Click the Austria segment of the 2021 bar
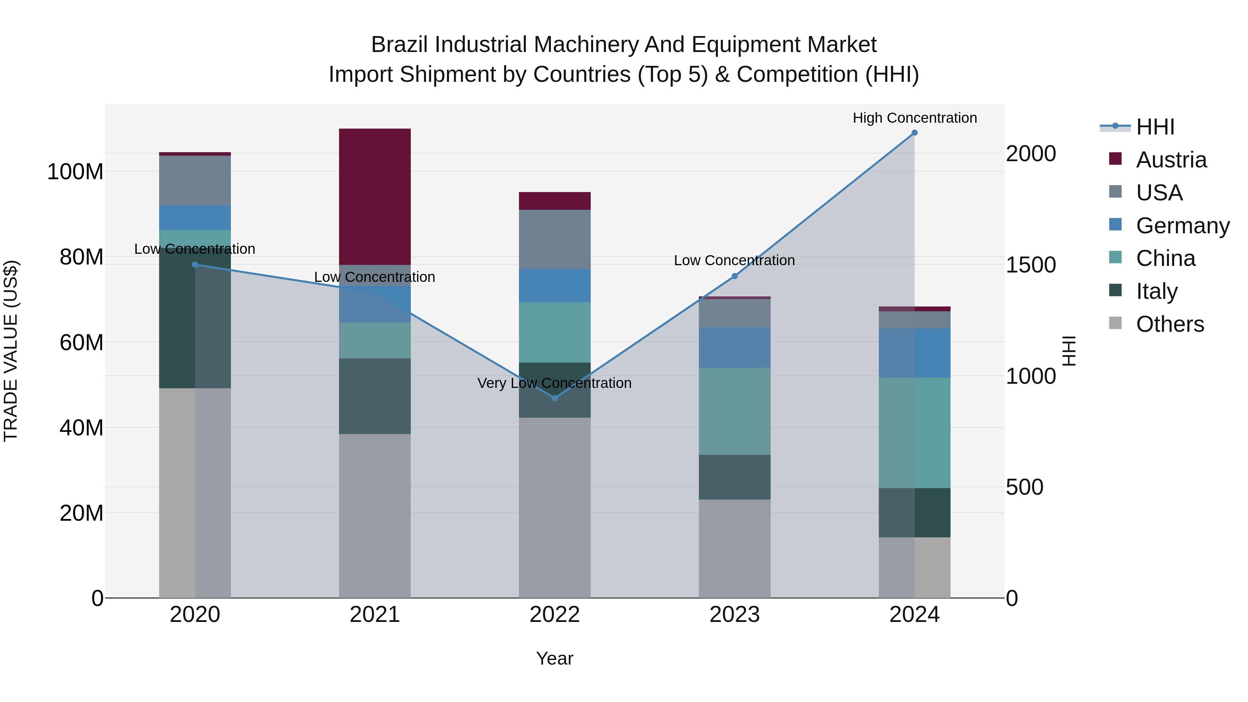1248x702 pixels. (x=374, y=196)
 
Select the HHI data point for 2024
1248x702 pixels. (x=914, y=133)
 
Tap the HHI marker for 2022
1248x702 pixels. (x=555, y=398)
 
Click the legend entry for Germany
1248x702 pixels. (x=1182, y=226)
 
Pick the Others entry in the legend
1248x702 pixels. (x=1170, y=324)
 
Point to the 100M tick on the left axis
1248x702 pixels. (x=75, y=172)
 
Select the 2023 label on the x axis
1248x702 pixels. (x=735, y=615)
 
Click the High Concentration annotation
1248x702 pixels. (x=914, y=118)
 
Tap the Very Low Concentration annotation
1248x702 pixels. (x=554, y=383)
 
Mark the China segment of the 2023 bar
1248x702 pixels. (x=735, y=411)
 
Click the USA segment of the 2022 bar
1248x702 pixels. (x=555, y=239)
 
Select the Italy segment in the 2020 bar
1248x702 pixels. (x=177, y=320)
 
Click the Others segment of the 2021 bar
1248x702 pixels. (x=374, y=515)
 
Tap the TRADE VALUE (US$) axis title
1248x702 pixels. (x=11, y=351)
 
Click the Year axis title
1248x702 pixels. (x=554, y=658)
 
